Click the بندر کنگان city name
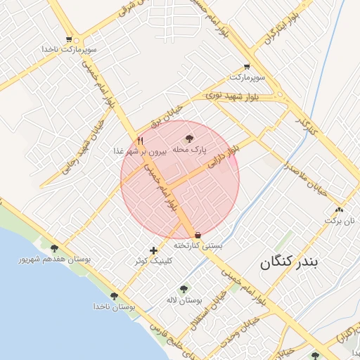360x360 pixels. (289, 262)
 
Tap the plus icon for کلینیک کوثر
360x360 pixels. (154, 250)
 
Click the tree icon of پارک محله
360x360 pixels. (189, 139)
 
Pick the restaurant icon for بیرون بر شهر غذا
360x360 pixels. (141, 140)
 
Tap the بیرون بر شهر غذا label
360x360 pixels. (141, 150)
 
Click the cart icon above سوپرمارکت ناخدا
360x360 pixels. (68, 39)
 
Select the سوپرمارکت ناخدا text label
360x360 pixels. (67, 50)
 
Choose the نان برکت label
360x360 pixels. (341, 220)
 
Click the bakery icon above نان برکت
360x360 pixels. (341, 210)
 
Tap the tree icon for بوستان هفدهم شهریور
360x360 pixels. (54, 247)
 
